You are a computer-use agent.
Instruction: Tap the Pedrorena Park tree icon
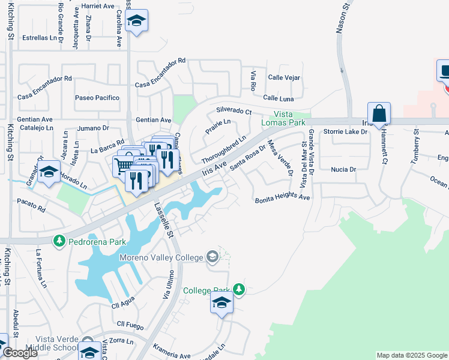point(59,241)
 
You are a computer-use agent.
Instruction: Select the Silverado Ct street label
point(234,112)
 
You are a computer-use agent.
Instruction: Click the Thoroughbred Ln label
point(224,149)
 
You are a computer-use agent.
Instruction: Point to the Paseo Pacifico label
point(97,97)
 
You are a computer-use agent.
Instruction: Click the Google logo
point(20,353)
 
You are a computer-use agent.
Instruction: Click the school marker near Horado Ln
point(49,172)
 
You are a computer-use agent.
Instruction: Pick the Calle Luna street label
point(279,98)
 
